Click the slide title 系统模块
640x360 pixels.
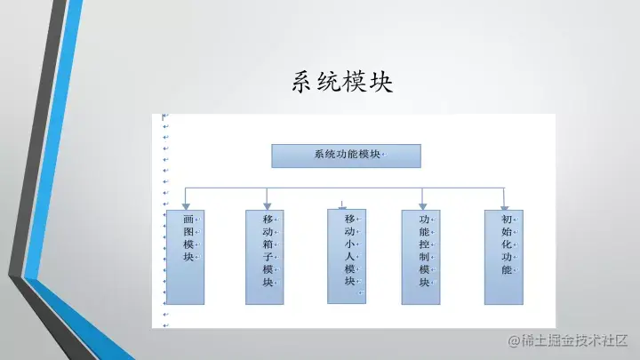(x=341, y=83)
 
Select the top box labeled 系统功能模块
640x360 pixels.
(x=346, y=155)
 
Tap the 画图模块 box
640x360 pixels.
(x=185, y=257)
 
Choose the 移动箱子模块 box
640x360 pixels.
(x=265, y=257)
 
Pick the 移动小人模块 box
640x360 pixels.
(x=347, y=256)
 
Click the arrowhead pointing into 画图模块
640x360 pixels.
(x=185, y=204)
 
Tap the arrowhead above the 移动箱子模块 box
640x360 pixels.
(x=267, y=204)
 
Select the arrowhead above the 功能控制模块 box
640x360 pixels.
(x=423, y=204)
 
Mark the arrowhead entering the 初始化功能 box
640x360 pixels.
(x=504, y=204)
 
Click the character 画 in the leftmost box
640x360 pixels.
(x=188, y=219)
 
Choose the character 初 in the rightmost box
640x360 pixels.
(x=506, y=219)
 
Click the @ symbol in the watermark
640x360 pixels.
(x=513, y=340)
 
